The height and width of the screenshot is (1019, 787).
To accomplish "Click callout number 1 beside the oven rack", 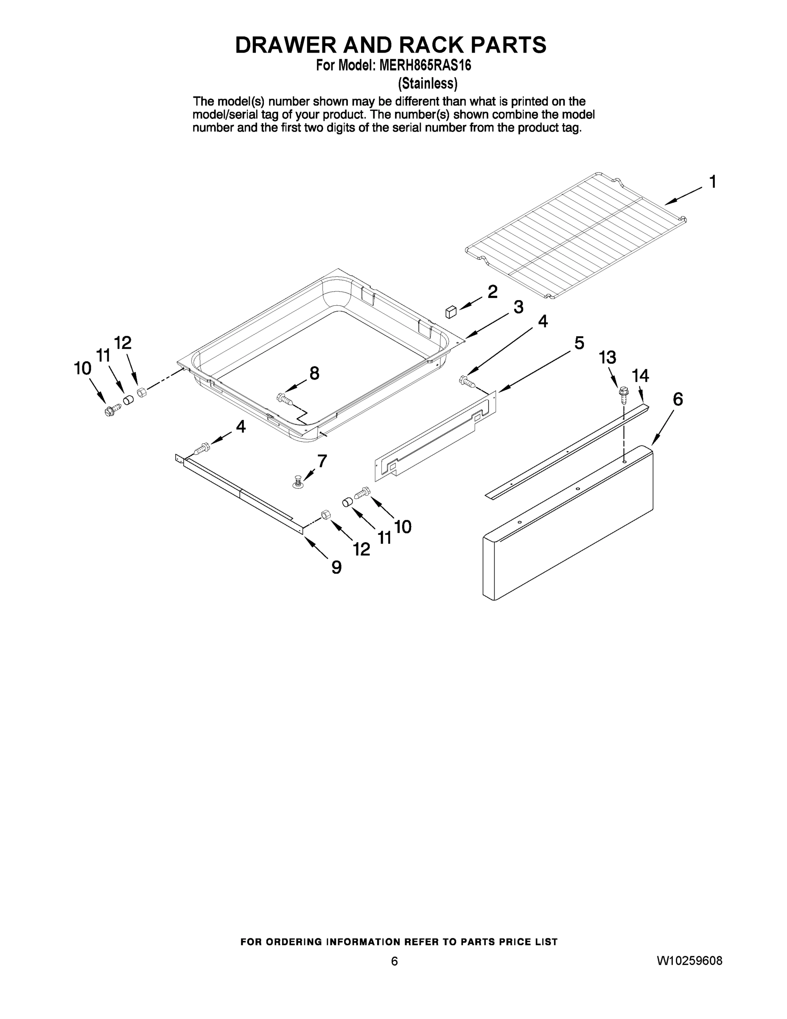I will (x=712, y=181).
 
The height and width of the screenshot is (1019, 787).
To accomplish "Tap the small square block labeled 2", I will (x=451, y=312).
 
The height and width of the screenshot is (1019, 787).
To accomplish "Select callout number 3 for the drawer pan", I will (x=518, y=307).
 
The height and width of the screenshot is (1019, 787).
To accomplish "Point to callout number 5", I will (x=579, y=343).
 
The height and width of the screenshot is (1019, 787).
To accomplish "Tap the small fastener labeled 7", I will (x=297, y=481).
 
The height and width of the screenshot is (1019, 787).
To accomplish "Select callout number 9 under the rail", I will (x=336, y=567).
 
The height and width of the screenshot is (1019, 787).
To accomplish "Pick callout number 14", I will (x=640, y=376).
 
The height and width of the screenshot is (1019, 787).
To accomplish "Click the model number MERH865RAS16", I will (x=425, y=65).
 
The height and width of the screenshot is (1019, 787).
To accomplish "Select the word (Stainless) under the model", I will (x=427, y=84).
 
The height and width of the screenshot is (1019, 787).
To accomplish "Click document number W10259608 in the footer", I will (x=689, y=961).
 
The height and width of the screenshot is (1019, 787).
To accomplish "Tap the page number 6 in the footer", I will (x=395, y=961).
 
